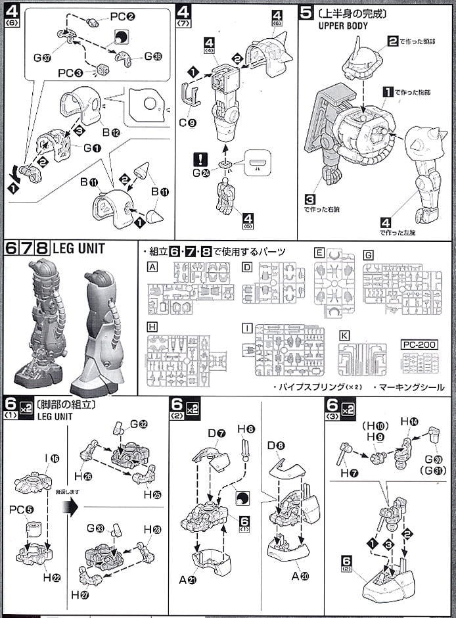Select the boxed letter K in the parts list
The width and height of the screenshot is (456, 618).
pyautogui.click(x=344, y=335)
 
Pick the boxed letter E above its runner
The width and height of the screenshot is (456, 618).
pyautogui.click(x=319, y=252)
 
